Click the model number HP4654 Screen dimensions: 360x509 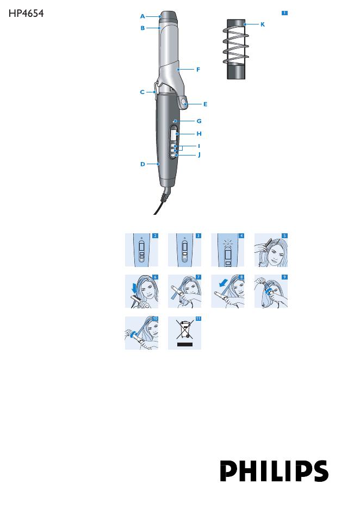point(26,13)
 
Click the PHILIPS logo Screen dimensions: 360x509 point(274,471)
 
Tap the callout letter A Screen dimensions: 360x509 point(142,16)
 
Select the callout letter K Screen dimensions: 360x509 point(263,24)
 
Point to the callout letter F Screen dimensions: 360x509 point(198,69)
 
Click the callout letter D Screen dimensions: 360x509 point(142,164)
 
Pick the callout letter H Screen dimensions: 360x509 point(199,134)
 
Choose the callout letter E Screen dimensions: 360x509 point(205,104)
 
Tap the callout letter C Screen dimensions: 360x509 point(142,92)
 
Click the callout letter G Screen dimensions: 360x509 point(199,121)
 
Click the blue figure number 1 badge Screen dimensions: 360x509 point(284,13)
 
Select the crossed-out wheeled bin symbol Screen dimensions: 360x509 point(185,329)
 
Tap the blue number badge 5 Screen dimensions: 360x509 point(284,235)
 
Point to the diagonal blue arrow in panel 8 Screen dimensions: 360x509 point(224,284)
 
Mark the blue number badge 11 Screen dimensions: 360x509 point(198,319)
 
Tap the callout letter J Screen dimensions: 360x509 point(200,154)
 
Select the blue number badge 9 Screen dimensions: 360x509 point(284,277)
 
